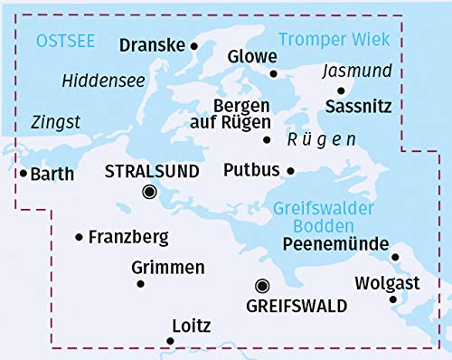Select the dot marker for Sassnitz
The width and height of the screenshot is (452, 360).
click(341, 90)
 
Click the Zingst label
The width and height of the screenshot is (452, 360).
click(54, 121)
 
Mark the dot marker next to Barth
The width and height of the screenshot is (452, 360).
click(23, 173)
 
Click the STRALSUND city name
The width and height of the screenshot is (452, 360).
click(149, 170)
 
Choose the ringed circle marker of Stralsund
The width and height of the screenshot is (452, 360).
click(149, 192)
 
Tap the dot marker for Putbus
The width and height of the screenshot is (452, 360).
click(290, 170)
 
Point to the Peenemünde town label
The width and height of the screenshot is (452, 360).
click(335, 242)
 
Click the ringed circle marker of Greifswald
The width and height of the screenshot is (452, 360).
click(262, 284)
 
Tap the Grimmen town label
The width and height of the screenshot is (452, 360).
click(168, 268)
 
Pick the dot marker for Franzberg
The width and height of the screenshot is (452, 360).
click(80, 237)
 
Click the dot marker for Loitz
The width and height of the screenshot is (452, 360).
click(170, 341)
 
